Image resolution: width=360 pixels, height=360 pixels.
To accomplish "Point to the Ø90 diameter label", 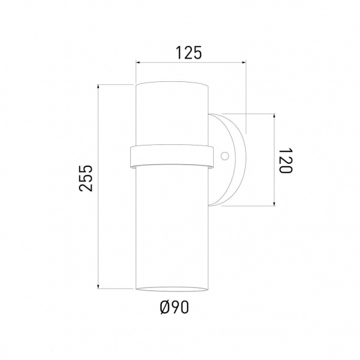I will [x=172, y=307].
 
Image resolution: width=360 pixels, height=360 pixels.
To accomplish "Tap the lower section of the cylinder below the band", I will [x=172, y=226].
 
